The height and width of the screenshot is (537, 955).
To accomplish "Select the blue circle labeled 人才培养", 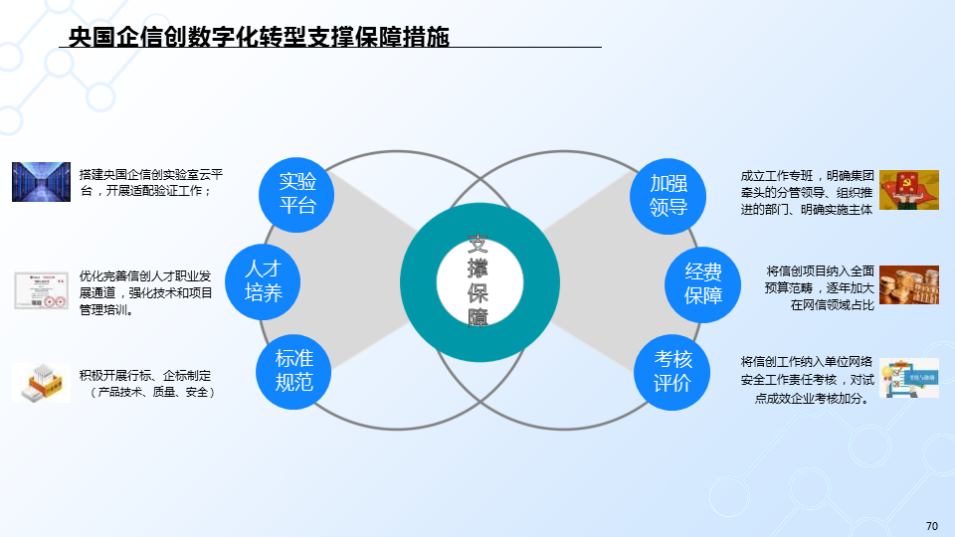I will (x=264, y=280).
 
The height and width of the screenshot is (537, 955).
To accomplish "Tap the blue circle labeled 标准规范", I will (x=294, y=370).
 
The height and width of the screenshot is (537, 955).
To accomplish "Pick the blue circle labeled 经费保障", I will (x=703, y=282).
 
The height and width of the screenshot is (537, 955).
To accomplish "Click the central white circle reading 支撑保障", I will (x=478, y=282).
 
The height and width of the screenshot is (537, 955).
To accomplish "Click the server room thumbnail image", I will (x=42, y=182).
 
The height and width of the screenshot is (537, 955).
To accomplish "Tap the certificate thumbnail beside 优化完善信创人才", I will (x=41, y=291).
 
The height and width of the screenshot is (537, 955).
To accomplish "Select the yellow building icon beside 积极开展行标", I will (x=41, y=383).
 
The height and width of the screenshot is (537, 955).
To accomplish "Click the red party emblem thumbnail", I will (x=908, y=190).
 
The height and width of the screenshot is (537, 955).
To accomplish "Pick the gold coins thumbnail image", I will (x=908, y=284).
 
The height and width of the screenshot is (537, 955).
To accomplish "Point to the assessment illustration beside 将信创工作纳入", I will (x=908, y=379).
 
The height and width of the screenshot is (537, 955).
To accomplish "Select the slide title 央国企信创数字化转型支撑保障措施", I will (x=259, y=38).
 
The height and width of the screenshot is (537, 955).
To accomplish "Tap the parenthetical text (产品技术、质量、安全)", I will (x=150, y=393).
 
